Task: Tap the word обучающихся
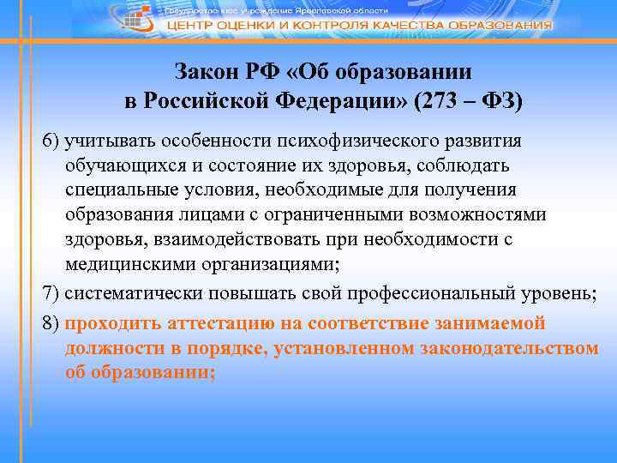119,164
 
